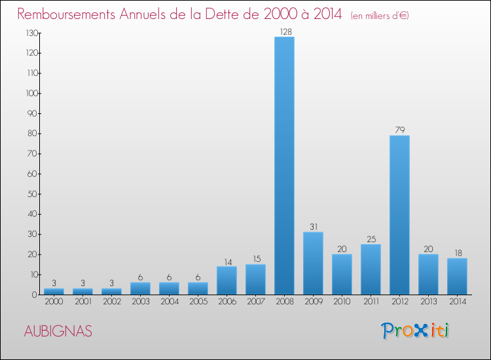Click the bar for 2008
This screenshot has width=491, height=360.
pos(284,166)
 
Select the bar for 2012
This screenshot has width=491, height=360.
pos(399,215)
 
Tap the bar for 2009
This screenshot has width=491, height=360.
pos(313,263)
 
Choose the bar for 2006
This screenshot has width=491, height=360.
pos(227,280)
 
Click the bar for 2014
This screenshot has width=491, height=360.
pos(457,276)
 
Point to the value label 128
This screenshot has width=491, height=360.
pos(284,31)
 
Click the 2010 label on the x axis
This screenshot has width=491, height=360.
pos(342,302)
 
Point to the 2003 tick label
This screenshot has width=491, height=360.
pos(140,302)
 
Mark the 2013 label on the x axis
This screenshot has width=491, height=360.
pos(428,302)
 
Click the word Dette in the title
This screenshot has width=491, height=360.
pos(225,14)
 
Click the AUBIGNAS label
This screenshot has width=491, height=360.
pos(58,331)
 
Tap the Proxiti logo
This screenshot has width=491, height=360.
pos(416,331)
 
